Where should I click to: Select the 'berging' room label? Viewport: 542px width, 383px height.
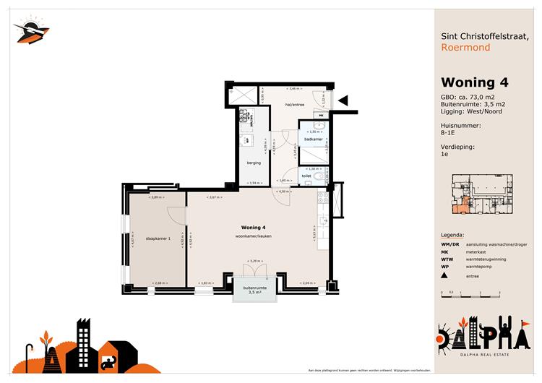tap(254, 163)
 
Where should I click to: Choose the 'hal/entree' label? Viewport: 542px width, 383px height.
tap(295, 105)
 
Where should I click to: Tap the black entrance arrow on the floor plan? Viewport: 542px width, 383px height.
tap(343, 101)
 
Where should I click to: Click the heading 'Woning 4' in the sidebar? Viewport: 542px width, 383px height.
tap(474, 82)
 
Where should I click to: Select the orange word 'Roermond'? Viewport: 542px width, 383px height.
tap(465, 48)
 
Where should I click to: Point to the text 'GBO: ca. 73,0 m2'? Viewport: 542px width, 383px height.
tap(468, 97)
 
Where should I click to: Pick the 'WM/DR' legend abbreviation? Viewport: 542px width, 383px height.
tap(450, 244)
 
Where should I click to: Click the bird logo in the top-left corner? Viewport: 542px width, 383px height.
tap(31, 30)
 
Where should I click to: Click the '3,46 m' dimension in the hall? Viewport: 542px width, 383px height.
tap(293, 88)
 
